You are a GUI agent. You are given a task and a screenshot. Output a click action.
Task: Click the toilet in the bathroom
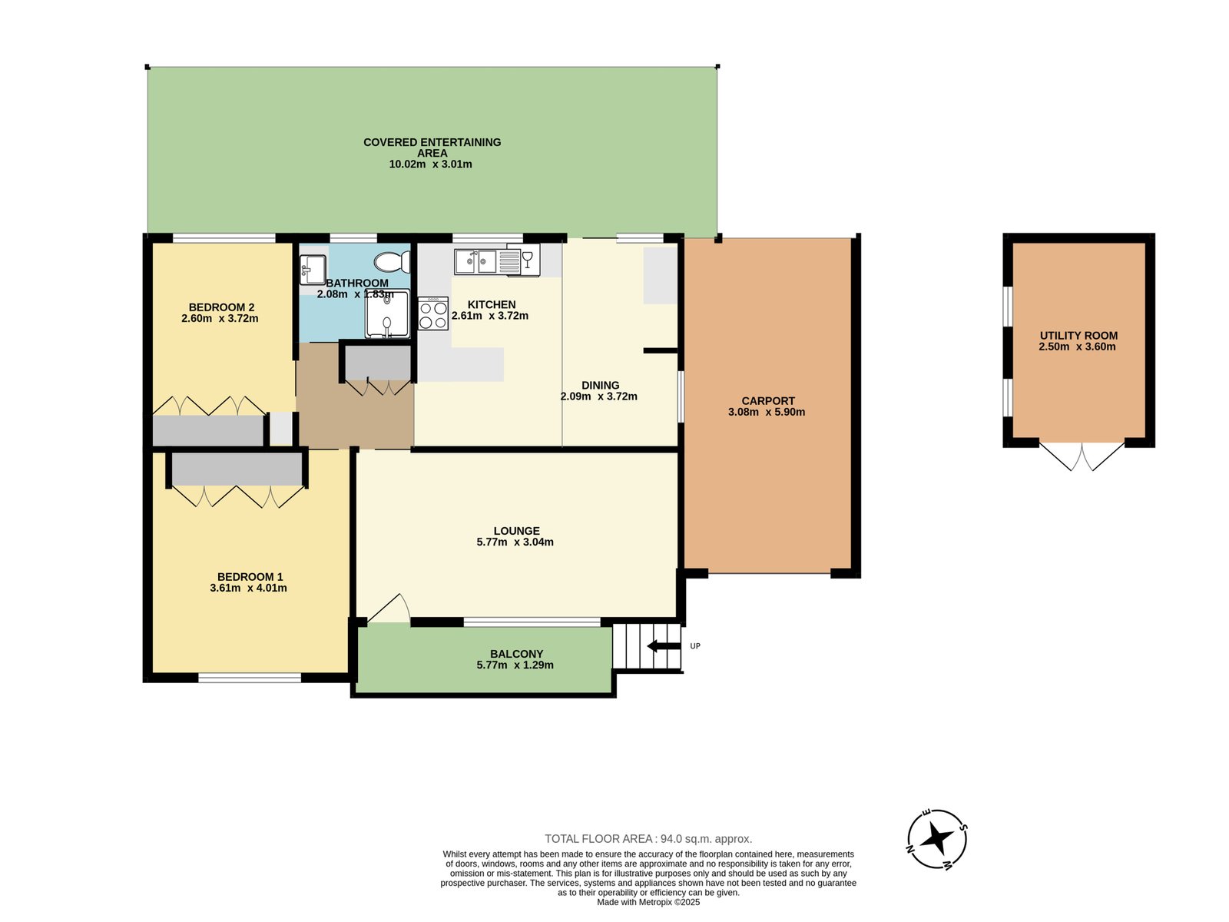pos(392,261)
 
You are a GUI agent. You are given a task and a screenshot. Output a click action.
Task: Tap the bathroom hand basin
pos(313,270)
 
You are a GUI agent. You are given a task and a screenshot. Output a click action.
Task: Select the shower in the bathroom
pos(387,313)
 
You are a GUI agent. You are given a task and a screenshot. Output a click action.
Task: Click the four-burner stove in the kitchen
pos(432,313)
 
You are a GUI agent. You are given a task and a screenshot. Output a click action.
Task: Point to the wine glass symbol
pos(527,259)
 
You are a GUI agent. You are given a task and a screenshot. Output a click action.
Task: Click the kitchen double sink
pos(476,261)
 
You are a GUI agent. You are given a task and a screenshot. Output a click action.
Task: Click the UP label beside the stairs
pos(695,646)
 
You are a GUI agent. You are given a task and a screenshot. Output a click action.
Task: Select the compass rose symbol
pos(936,839)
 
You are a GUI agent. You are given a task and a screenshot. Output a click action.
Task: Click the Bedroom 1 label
pos(250,576)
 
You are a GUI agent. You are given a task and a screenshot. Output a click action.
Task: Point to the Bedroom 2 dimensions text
pos(220,319)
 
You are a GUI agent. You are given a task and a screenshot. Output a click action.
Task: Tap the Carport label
pos(768,401)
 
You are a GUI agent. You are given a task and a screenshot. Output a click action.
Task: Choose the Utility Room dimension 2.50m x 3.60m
pos(1077,347)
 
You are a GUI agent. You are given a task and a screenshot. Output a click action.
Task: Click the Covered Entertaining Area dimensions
pos(430,164)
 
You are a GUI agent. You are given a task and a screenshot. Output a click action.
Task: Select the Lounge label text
pos(516,531)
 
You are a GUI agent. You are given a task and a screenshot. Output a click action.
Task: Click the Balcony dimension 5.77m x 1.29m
pos(515,665)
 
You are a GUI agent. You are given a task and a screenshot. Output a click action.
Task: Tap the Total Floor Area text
pos(648,838)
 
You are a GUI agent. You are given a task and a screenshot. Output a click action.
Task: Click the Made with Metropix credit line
pos(648,902)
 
